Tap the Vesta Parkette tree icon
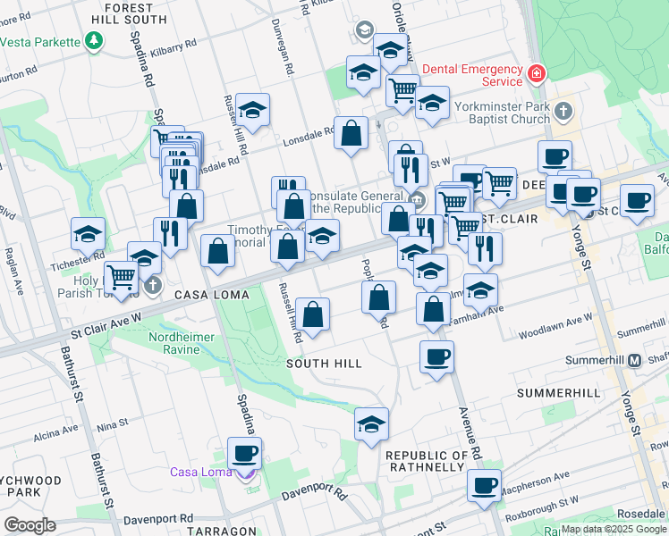point(93,40)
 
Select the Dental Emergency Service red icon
point(536,74)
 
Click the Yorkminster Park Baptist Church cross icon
point(563,112)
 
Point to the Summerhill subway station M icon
point(634,361)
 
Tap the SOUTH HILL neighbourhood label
point(324,364)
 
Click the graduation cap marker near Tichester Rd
point(89,234)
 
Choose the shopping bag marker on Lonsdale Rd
point(352,132)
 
